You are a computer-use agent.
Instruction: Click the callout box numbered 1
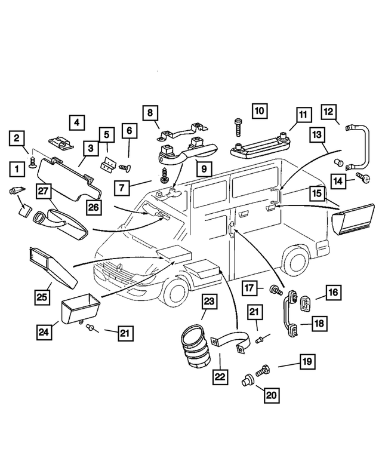point(17,170)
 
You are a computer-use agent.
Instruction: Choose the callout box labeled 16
point(332,292)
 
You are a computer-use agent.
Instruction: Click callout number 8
point(150,112)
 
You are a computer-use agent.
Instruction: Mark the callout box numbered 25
point(41,296)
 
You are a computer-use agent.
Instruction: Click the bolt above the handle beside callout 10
point(238,128)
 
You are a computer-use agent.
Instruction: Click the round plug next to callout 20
point(246,379)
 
